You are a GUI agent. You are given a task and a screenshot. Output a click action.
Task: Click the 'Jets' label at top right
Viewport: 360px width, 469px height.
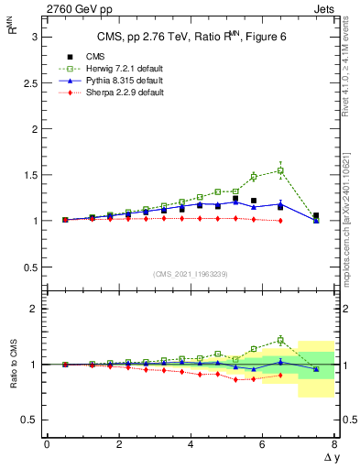324,8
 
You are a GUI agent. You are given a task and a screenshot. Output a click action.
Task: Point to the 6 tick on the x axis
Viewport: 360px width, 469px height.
263,444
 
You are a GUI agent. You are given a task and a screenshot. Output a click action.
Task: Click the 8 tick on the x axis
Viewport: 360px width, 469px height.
334,444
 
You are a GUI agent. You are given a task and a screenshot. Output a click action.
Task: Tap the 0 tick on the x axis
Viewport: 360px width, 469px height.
47,444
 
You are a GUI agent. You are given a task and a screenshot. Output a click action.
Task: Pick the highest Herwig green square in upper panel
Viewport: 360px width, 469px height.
280,170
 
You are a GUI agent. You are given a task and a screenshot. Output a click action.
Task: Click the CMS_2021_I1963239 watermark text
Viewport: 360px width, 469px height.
191,273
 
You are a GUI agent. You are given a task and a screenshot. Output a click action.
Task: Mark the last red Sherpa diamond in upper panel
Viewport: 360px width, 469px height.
280,220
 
